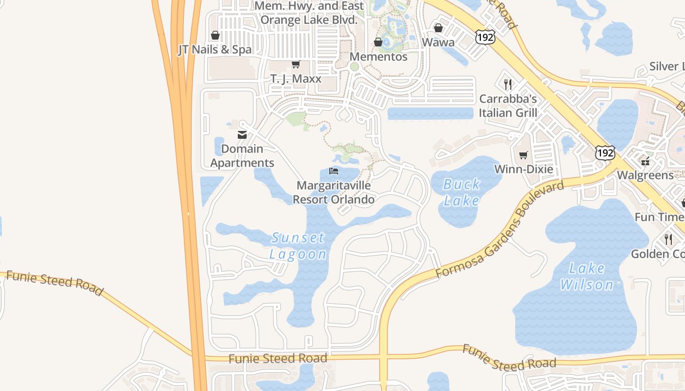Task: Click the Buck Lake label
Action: point(461,192)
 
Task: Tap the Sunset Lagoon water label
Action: point(297,246)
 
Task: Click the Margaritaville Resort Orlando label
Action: point(334,193)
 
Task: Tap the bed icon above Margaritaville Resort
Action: point(334,171)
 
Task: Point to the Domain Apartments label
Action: point(242,156)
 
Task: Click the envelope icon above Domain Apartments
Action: point(242,135)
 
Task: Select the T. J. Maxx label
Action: point(296,79)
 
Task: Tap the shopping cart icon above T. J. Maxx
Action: point(296,65)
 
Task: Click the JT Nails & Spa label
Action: point(215,49)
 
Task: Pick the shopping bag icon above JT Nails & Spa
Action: point(215,35)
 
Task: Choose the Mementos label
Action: point(378,57)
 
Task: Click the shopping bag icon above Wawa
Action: point(438,28)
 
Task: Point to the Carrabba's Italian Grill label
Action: point(508,106)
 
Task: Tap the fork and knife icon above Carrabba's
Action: point(508,84)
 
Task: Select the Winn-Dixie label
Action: point(524,169)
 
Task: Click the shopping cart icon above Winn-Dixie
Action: point(524,155)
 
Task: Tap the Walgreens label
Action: point(645,175)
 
